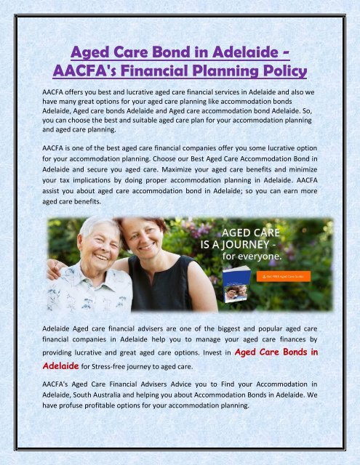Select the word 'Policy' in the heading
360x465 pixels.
point(276,72)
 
